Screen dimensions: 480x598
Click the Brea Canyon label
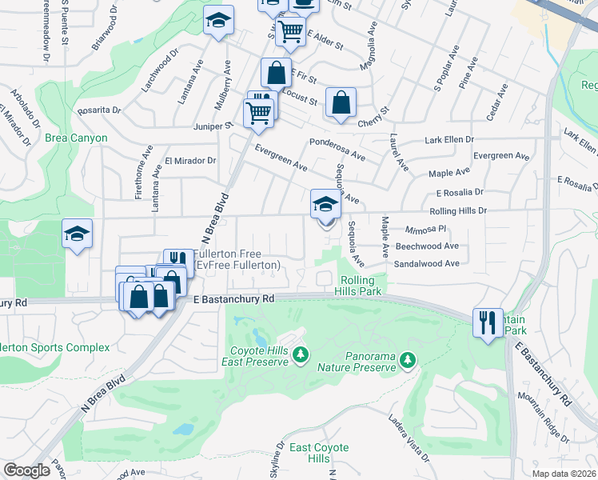[x=76, y=138]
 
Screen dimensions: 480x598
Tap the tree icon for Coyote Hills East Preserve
[x=300, y=354]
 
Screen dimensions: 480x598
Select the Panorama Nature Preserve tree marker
[x=409, y=360]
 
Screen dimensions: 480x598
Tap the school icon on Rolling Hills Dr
[x=326, y=206]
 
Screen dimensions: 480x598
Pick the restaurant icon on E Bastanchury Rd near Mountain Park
[x=488, y=322]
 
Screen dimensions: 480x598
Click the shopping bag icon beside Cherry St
[x=341, y=102]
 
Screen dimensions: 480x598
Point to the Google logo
[x=26, y=470]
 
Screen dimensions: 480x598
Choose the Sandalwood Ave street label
[x=427, y=263]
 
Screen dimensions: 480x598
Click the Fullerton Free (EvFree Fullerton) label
[x=237, y=259]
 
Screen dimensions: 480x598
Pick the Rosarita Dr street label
[x=100, y=110]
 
